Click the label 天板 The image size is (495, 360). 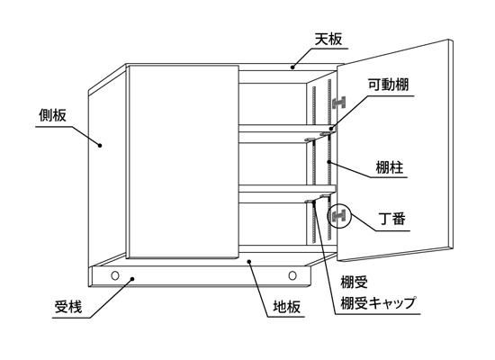328,40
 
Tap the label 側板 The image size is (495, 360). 53,115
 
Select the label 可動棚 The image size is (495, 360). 388,85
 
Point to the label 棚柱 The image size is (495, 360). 390,167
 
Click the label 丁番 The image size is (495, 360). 391,219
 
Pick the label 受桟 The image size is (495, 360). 68,306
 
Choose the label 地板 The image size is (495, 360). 286,306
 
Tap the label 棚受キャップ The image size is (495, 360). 378,303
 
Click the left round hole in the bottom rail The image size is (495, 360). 115,275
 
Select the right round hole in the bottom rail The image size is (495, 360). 292,275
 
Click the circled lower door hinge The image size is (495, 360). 338,216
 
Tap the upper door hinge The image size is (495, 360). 339,103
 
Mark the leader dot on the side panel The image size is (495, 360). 100,146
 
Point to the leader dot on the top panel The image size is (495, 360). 292,67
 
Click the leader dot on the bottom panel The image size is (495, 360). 249,262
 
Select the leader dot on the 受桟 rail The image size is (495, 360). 132,278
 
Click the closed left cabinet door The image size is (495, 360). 183,162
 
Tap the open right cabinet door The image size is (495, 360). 394,150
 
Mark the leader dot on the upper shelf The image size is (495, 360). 331,128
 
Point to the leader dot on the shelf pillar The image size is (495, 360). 328,162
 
